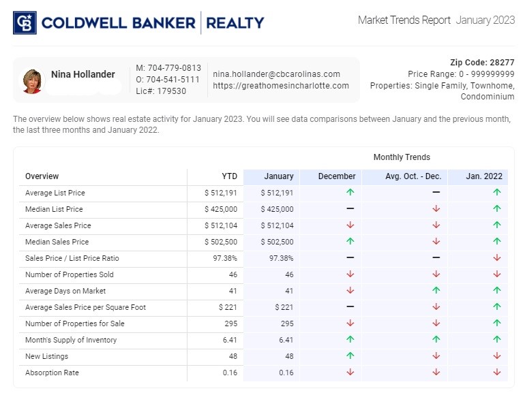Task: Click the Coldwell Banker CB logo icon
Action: tap(25, 22)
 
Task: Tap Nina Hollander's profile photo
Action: tap(32, 80)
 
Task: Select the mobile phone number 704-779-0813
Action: tap(168, 68)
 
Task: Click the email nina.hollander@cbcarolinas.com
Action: tap(276, 74)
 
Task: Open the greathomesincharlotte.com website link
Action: tap(280, 86)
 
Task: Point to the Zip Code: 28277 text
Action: tap(482, 62)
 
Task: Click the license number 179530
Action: tap(171, 91)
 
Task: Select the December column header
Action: tap(337, 176)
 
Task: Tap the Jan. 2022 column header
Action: tap(483, 176)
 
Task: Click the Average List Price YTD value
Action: tap(221, 193)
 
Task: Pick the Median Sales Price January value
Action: tap(277, 242)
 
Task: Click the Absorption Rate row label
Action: tap(52, 373)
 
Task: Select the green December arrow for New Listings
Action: tap(350, 356)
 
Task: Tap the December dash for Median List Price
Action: tap(350, 209)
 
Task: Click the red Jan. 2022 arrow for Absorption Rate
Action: tap(496, 373)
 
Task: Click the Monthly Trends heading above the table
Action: tap(402, 157)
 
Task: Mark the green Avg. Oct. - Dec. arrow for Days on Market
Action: tap(436, 291)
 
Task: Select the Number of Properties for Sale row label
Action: tap(75, 323)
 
